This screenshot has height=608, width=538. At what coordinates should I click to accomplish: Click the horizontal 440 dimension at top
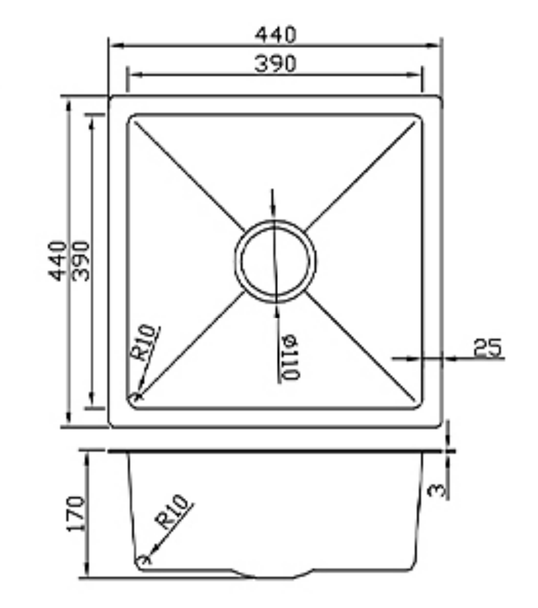pyautogui.click(x=275, y=35)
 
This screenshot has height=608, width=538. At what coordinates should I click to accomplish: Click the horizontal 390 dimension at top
pyautogui.click(x=275, y=64)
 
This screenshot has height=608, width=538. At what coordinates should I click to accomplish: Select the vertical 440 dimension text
pyautogui.click(x=58, y=261)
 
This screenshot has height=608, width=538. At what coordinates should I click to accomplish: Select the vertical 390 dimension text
pyautogui.click(x=81, y=261)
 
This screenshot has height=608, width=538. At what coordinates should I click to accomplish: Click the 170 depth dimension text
pyautogui.click(x=76, y=514)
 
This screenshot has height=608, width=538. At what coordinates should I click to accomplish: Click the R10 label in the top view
pyautogui.click(x=144, y=342)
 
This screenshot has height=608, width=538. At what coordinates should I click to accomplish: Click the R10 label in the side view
pyautogui.click(x=173, y=511)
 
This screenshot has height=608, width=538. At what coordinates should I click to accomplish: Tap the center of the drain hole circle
pyautogui.click(x=275, y=261)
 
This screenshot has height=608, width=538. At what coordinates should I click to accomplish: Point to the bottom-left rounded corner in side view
pyautogui.click(x=141, y=563)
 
